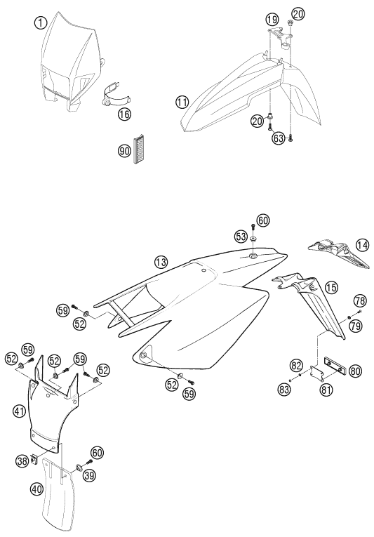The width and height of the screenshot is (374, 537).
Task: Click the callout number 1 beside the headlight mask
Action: [x=41, y=23]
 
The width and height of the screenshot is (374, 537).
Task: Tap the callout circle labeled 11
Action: [x=182, y=102]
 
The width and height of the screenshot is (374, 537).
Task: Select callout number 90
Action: [x=124, y=150]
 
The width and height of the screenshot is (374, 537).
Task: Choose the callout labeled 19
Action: [x=272, y=20]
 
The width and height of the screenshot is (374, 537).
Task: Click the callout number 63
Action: [x=279, y=138]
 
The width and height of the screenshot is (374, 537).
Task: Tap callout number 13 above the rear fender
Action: [x=161, y=263]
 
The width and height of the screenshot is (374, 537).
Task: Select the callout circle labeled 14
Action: [x=362, y=245]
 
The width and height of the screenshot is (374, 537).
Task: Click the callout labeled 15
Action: [x=331, y=288]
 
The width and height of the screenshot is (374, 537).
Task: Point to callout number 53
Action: [x=241, y=236]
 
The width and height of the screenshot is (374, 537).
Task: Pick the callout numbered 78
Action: [x=360, y=301]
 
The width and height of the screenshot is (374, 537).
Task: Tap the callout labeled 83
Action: [x=285, y=389]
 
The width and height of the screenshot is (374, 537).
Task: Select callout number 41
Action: [x=20, y=411]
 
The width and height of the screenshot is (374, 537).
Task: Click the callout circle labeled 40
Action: [x=36, y=489]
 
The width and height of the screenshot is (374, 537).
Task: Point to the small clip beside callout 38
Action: [x=34, y=458]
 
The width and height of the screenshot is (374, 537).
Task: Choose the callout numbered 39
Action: [x=91, y=475]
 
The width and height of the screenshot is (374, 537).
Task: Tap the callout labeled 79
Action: [x=356, y=325]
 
